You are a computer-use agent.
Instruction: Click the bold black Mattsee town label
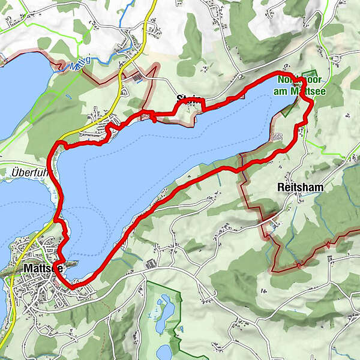click(40, 268)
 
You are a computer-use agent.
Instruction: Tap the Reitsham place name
click(300, 187)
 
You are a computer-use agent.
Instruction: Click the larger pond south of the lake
click(164, 309)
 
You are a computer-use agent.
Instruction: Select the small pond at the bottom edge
click(164, 351)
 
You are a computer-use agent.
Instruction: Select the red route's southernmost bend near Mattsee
click(73, 287)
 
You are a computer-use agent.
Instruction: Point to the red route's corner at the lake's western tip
click(59, 143)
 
